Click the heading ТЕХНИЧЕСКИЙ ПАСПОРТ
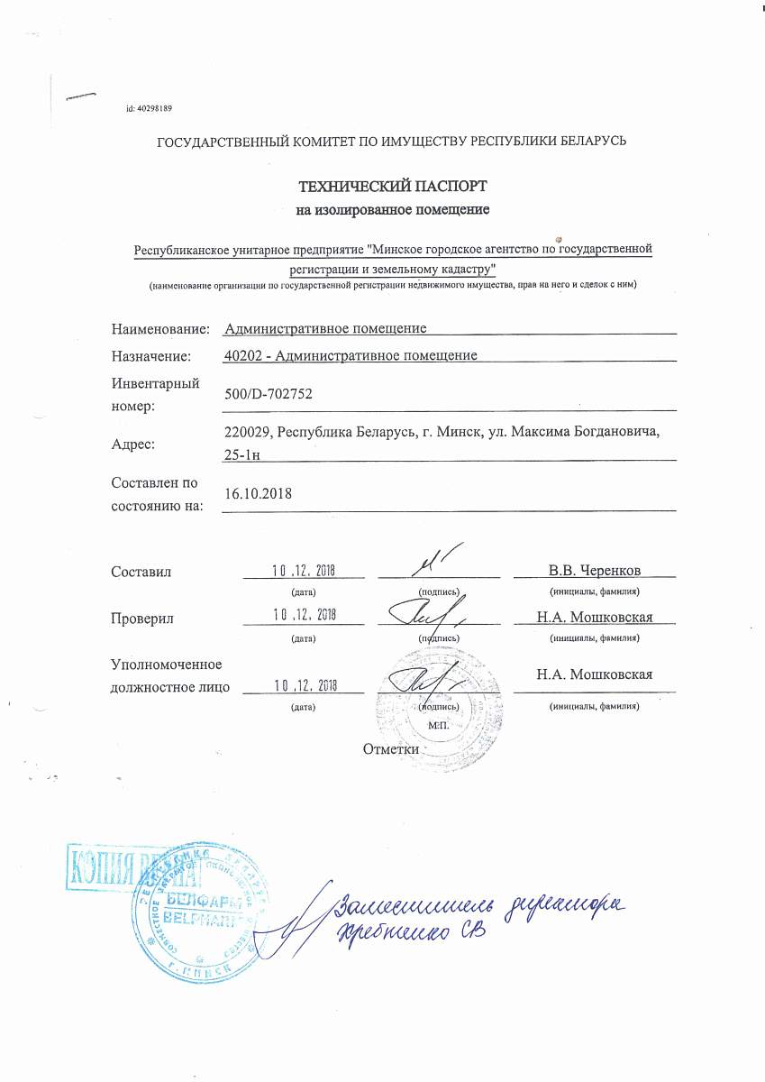point(392,187)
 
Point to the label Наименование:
point(160,329)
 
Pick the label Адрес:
point(133,444)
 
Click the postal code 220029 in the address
point(246,432)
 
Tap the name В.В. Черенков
point(594,571)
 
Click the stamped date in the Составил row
point(304,570)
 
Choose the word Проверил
point(142,619)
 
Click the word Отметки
point(391,748)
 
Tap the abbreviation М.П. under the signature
point(439,725)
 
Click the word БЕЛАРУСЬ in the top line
point(582,141)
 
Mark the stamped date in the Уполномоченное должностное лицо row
point(304,686)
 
